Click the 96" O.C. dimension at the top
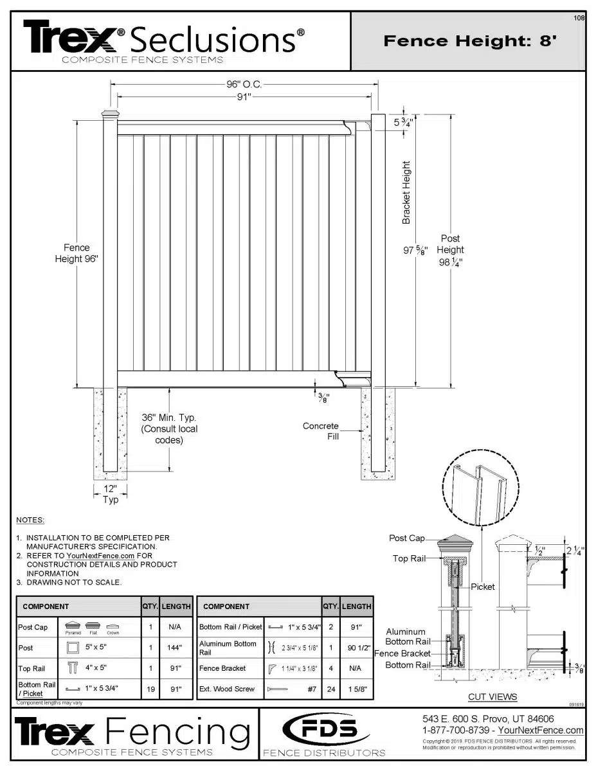(x=244, y=84)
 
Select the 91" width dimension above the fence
(x=244, y=97)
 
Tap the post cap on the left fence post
(x=110, y=116)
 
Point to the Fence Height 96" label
(x=77, y=253)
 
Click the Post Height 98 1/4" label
(x=450, y=250)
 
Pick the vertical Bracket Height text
(x=406, y=193)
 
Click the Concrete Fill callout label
(x=321, y=431)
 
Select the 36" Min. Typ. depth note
(x=169, y=429)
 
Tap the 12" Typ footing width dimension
(x=110, y=494)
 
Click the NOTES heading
(x=31, y=519)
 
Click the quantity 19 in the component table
(x=150, y=689)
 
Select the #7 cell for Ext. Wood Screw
(x=311, y=689)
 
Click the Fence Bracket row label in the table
(x=222, y=668)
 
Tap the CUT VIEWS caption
(x=492, y=696)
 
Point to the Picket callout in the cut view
(x=482, y=587)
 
